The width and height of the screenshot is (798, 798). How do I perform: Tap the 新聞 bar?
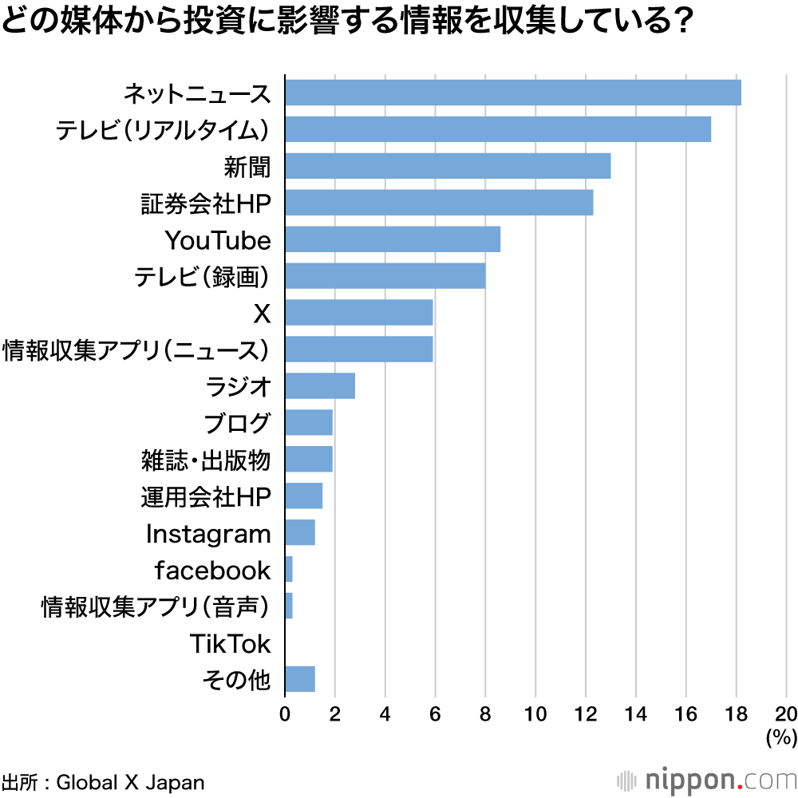point(447,166)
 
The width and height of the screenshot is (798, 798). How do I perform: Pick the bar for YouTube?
point(392,239)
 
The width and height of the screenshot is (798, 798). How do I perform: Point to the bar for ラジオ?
point(319,386)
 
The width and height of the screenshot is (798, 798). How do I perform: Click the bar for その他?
point(299,679)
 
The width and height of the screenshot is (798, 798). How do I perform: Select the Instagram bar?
point(299,532)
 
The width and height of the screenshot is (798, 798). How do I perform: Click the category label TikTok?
point(231,643)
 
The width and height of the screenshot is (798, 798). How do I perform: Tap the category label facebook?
point(212,570)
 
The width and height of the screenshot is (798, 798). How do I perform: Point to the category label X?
point(262,314)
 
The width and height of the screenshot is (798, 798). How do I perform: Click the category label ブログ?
point(237,423)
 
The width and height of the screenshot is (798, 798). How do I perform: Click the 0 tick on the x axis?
point(285,713)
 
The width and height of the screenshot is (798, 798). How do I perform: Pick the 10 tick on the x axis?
point(535,713)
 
